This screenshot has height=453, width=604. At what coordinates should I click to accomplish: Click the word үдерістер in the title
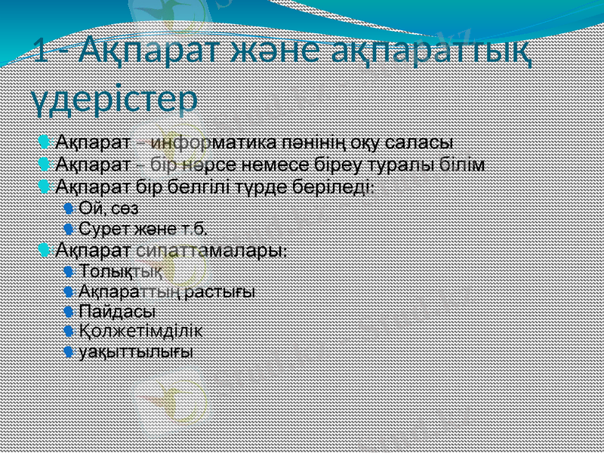tap(114, 99)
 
